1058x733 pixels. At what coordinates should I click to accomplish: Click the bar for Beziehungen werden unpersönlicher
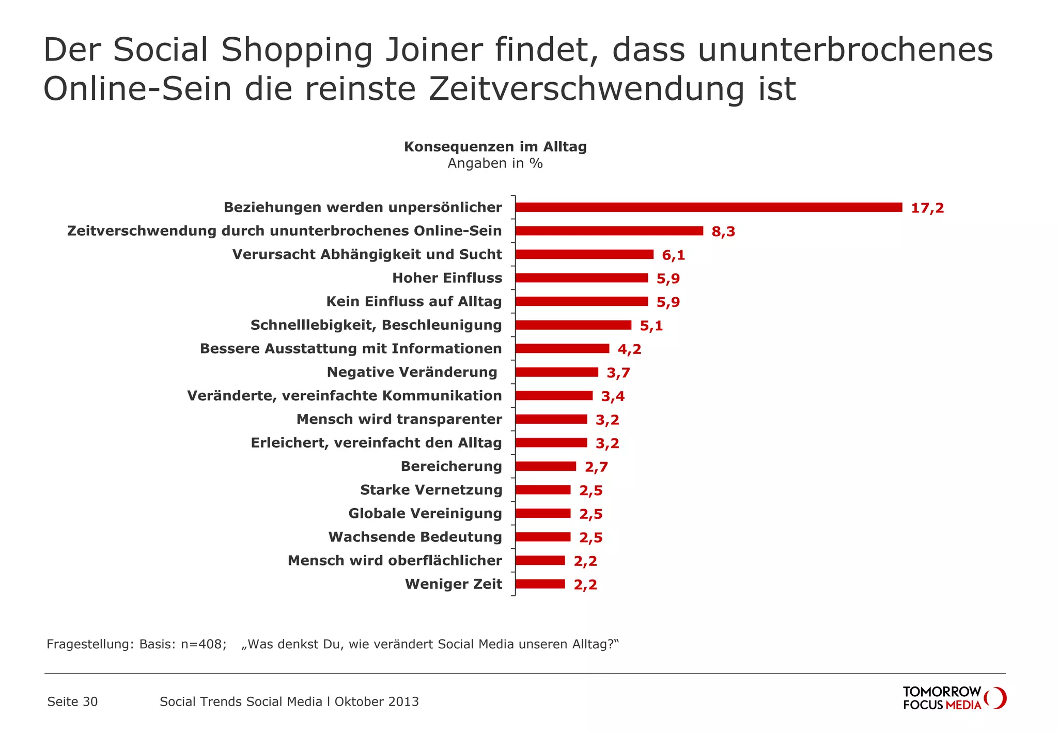[708, 207]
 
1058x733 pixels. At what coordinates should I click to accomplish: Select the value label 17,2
[927, 208]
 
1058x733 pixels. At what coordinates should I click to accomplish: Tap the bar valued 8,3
[609, 231]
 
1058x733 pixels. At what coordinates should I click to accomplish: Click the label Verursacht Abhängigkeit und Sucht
[367, 254]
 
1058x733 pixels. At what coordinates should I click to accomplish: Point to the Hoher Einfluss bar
[581, 278]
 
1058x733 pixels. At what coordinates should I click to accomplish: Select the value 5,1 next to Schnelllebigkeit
[651, 326]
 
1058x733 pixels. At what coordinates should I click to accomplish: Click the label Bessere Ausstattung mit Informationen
[351, 349]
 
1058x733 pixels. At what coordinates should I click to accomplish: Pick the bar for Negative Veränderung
[556, 372]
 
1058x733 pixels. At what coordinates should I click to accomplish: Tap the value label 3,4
[613, 396]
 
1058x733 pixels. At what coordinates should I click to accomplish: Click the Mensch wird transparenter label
[399, 419]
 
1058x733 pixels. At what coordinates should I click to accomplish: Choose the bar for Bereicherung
[546, 466]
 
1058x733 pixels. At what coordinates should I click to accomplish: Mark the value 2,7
[596, 467]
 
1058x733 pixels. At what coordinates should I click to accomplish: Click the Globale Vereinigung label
[425, 513]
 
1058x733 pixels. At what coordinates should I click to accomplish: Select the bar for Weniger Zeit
[540, 584]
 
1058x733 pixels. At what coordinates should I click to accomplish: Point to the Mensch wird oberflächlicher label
[395, 560]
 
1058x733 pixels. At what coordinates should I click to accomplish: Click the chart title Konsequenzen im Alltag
[495, 147]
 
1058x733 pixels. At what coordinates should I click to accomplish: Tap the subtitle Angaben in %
[495, 163]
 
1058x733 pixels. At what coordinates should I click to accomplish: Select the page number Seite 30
[72, 701]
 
